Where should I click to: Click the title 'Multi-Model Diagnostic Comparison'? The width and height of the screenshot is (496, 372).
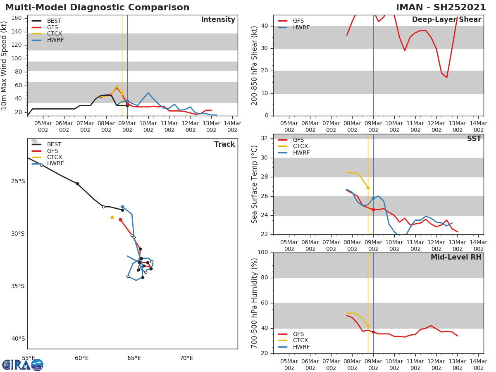[x=97, y=7]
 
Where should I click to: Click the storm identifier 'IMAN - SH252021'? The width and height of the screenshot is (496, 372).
[x=441, y=7]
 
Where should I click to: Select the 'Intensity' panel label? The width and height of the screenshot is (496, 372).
[x=218, y=20]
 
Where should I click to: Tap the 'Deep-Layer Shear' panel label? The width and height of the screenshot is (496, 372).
[x=446, y=20]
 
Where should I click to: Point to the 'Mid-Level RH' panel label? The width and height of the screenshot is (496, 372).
[x=456, y=257]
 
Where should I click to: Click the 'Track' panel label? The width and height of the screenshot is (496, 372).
[x=224, y=144]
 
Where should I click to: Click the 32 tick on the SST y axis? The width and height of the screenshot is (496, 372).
[x=264, y=138]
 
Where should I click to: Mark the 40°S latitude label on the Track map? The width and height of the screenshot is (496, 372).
[x=18, y=339]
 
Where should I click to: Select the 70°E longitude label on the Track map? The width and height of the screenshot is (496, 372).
[x=186, y=358]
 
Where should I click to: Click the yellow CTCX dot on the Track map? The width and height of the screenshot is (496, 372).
[x=112, y=217]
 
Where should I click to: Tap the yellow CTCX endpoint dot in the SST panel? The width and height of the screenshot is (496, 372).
[x=368, y=188]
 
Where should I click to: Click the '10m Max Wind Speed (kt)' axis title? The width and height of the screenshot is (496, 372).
[x=5, y=65]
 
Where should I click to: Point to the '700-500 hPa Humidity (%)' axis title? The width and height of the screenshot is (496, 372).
[x=255, y=303]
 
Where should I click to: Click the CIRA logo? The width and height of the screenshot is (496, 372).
[x=22, y=365]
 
